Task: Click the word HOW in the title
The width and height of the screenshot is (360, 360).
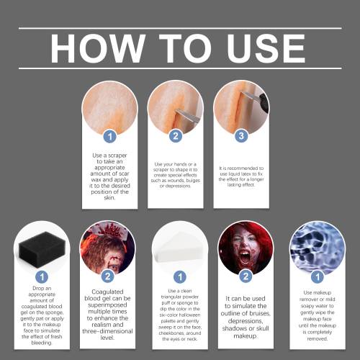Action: (98, 48)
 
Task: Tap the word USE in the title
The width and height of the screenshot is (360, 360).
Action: (266, 48)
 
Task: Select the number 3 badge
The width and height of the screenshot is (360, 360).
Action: (241, 136)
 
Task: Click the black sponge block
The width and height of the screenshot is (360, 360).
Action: (42, 250)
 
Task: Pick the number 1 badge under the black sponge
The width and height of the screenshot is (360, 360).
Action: (42, 276)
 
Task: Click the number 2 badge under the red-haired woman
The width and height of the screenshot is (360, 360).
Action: (246, 276)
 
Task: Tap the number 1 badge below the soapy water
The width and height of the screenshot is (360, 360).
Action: (318, 276)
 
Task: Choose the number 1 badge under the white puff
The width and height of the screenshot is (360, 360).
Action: (180, 276)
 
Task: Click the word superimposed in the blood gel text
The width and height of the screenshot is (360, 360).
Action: (107, 305)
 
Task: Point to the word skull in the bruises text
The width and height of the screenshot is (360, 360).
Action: (261, 328)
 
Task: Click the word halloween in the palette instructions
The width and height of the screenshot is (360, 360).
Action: (189, 315)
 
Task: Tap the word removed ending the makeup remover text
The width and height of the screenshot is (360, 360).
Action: (318, 339)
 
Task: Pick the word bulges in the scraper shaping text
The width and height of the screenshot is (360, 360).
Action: (193, 181)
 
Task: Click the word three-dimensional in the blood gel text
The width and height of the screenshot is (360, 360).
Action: (107, 331)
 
